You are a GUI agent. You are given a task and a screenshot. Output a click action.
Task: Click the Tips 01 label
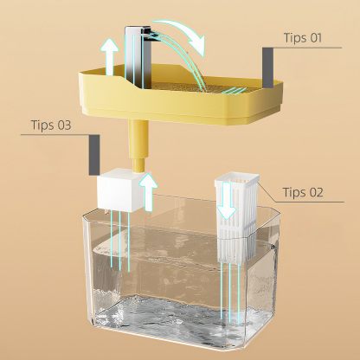pos(302,38)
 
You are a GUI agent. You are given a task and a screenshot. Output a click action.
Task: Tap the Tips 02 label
pos(303,192)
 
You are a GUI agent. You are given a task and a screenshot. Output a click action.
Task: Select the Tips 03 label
pos(51,125)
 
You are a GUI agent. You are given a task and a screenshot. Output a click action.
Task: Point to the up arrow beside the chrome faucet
pos(109,56)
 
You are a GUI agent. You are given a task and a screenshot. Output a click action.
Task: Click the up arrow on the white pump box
pos(148,191)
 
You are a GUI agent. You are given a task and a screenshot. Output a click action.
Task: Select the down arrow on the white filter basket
pos(227,201)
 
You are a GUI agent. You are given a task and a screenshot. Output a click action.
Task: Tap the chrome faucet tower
pos(138,57)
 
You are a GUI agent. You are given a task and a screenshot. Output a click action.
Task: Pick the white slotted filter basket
pos(237,216)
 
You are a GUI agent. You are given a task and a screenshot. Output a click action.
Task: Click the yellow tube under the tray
pos(138,146)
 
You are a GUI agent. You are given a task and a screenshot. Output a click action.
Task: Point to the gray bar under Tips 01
pos(267,67)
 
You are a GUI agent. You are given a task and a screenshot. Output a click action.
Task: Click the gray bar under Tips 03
pos(94,155)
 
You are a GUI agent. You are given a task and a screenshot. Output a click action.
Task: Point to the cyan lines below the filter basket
pos(230,292)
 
